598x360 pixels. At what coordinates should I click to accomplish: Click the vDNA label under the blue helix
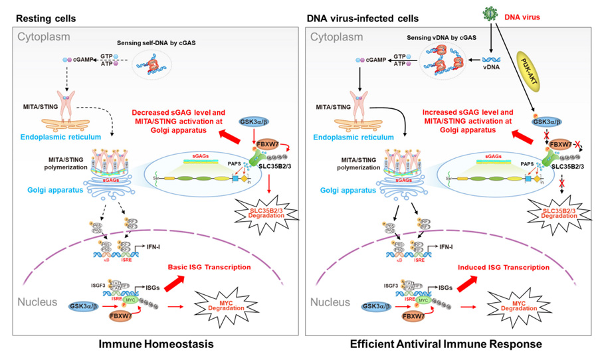click(x=490, y=68)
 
